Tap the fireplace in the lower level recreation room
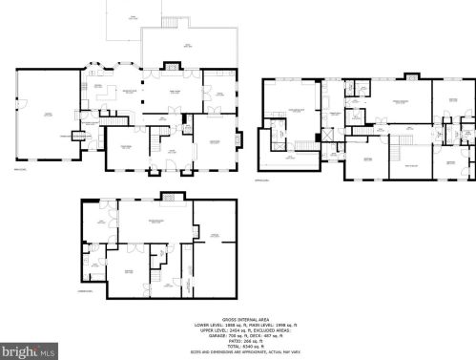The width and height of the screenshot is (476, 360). [x=170, y=199]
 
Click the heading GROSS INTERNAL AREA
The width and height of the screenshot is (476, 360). [x=238, y=320]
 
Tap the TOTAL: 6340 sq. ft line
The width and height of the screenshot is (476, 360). [x=238, y=346]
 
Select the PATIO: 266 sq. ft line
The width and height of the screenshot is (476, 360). [x=238, y=341]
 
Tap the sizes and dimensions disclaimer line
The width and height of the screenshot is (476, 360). [x=238, y=351]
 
